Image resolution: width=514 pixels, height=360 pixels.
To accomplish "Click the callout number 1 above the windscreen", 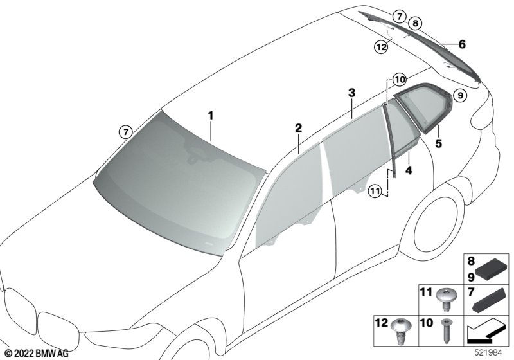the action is point(211,116).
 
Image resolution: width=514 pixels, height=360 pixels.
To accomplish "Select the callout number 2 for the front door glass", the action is point(298,128).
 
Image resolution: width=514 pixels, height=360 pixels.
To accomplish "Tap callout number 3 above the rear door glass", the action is point(351,93).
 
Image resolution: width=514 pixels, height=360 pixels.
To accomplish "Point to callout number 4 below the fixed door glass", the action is point(409,170).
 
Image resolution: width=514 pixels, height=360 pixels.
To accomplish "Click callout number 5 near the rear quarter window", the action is point(439,143).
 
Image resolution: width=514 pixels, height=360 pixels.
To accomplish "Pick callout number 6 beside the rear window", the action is point(462,44).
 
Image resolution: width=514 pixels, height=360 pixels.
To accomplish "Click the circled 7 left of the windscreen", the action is point(125,132).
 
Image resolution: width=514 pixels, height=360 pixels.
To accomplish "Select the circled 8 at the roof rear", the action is point(415,23).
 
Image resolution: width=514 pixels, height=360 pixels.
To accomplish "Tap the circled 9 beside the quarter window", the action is point(460,95).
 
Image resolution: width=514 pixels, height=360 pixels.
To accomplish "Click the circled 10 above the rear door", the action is point(399,80).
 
